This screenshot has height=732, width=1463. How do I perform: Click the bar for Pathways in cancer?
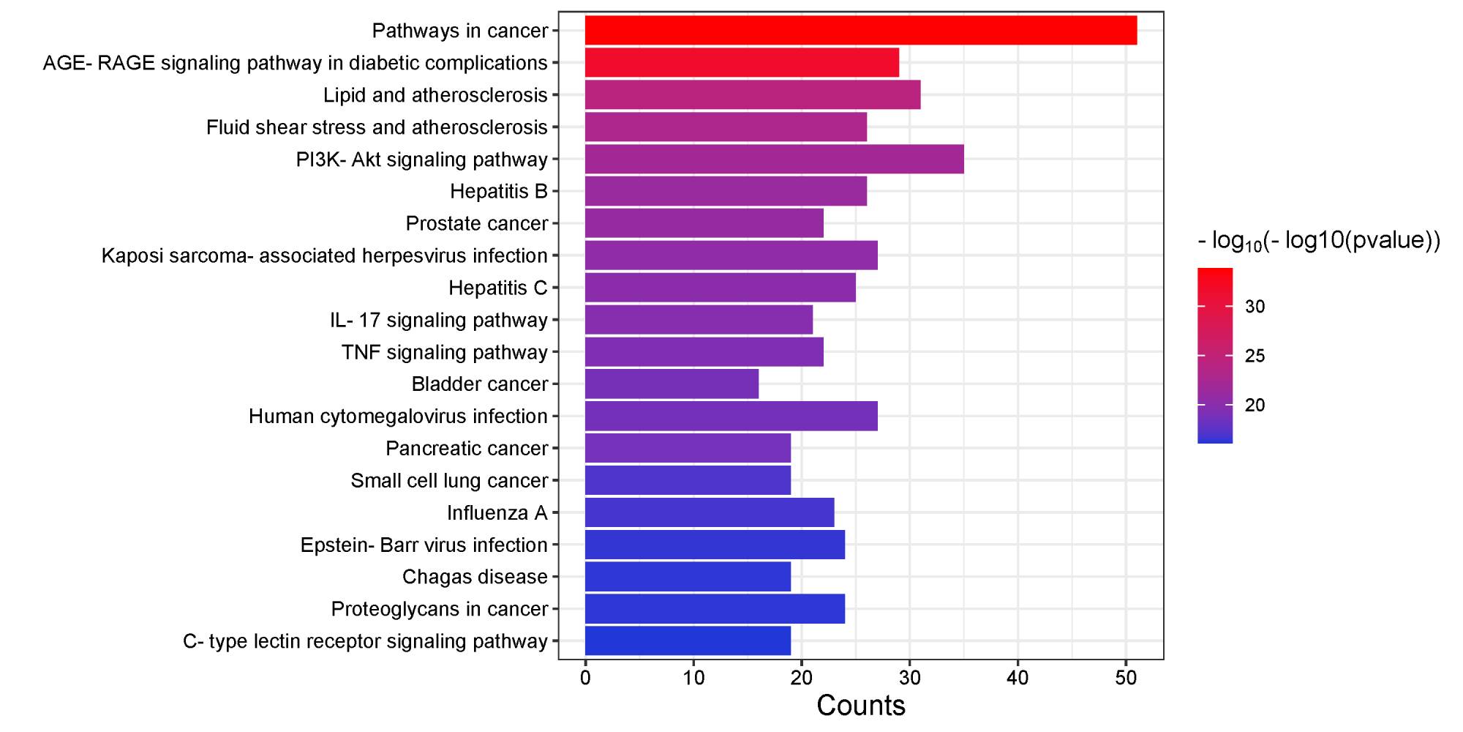click(x=860, y=31)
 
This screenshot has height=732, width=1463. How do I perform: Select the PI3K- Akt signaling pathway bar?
click(x=774, y=160)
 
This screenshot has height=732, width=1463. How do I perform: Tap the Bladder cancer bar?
click(x=672, y=384)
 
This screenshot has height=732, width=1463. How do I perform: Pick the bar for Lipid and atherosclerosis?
click(x=752, y=95)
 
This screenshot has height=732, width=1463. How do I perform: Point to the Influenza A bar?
click(x=710, y=512)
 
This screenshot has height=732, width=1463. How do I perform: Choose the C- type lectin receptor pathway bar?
click(x=688, y=641)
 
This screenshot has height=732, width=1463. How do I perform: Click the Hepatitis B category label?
click(x=499, y=192)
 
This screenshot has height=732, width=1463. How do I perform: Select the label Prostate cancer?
click(x=477, y=224)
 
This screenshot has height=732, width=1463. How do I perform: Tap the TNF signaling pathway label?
click(x=445, y=353)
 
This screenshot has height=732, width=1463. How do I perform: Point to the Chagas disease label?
click(x=475, y=578)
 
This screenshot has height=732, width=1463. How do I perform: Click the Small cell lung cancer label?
click(x=449, y=481)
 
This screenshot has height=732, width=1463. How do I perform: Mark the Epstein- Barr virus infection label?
click(x=424, y=545)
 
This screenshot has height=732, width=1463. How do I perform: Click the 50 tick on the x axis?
click(x=1126, y=678)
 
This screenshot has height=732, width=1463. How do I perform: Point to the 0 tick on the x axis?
click(x=585, y=678)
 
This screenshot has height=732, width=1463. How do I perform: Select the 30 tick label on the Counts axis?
click(x=909, y=678)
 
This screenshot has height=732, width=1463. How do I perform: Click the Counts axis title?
click(x=860, y=706)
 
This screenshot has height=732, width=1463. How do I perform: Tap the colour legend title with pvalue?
click(x=1318, y=241)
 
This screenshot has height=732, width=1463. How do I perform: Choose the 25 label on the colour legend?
click(x=1255, y=356)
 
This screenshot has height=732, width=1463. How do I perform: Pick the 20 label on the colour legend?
click(x=1255, y=406)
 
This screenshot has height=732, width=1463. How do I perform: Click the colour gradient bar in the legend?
click(x=1214, y=356)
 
